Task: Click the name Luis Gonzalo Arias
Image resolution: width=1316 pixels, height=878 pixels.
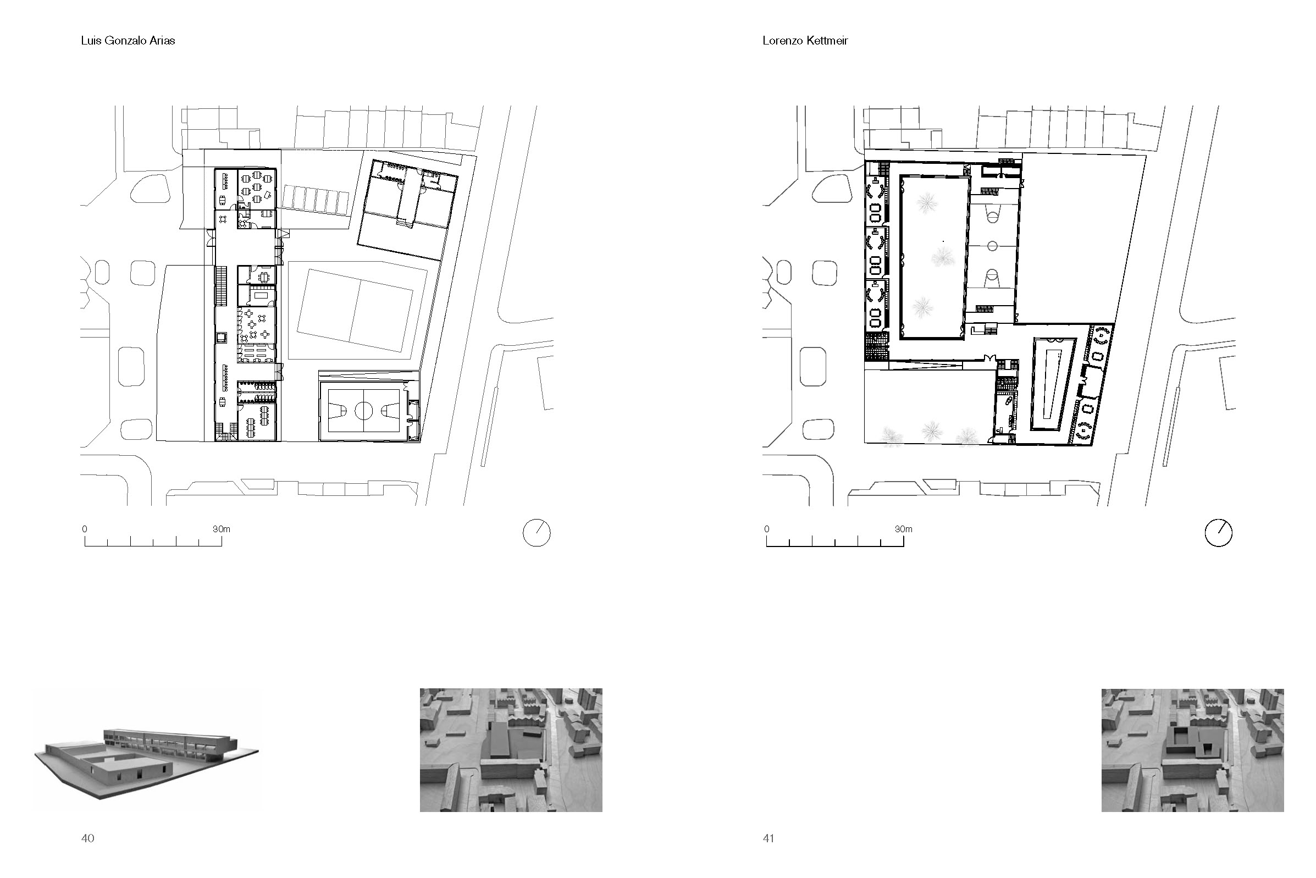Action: tap(128, 41)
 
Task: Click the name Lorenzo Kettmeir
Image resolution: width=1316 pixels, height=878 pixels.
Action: tap(805, 41)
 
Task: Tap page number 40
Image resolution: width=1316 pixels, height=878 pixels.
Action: tap(88, 838)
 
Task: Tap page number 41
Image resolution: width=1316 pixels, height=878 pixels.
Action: tap(768, 838)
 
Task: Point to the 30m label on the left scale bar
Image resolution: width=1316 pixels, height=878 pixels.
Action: tap(221, 529)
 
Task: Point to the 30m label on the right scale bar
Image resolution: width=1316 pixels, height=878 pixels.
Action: tap(904, 529)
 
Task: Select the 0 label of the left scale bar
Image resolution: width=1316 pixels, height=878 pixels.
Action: tap(85, 529)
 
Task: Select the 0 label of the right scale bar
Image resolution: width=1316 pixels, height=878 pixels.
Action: tap(766, 529)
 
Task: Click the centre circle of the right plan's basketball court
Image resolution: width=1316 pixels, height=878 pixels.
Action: tap(992, 246)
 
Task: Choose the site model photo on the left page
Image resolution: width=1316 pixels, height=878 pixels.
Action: tap(511, 750)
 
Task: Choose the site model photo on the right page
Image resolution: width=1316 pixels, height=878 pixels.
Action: tap(1193, 750)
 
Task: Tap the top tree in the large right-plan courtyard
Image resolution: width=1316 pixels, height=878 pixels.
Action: tap(927, 202)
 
